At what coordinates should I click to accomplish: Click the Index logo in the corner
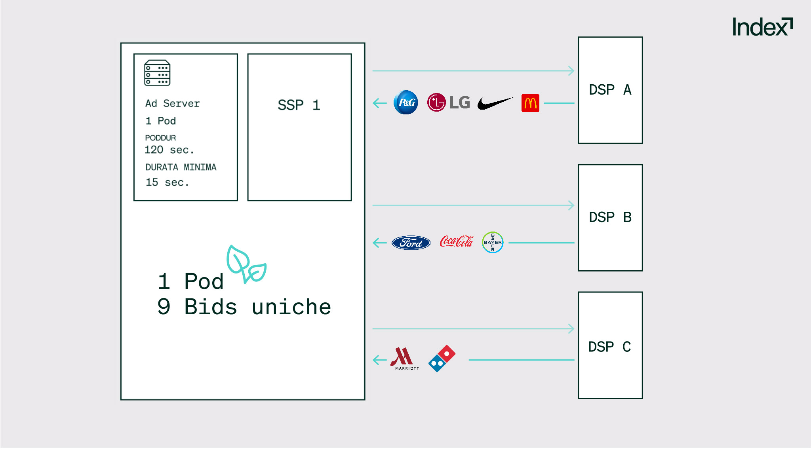[x=762, y=27]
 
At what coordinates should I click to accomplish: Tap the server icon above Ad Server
[x=157, y=73]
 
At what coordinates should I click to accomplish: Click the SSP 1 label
[x=299, y=105]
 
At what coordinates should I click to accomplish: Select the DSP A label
[x=610, y=90]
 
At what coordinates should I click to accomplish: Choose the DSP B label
[x=610, y=217]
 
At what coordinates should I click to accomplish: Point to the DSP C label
[x=609, y=347]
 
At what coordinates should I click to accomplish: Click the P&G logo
[x=406, y=103]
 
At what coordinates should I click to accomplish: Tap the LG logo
[x=449, y=103]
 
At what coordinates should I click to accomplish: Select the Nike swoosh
[x=495, y=103]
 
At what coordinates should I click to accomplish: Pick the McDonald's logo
[x=530, y=103]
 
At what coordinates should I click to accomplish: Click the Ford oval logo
[x=411, y=243]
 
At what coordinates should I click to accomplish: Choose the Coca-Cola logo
[x=457, y=241]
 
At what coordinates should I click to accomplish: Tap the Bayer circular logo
[x=493, y=242]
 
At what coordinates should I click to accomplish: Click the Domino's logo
[x=442, y=359]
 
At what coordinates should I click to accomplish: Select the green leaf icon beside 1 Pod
[x=246, y=264]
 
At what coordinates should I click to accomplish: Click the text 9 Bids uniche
[x=244, y=307]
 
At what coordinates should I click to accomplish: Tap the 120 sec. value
[x=169, y=150]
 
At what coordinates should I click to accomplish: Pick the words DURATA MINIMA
[x=181, y=167]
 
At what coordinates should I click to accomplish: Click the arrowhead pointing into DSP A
[x=571, y=71]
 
